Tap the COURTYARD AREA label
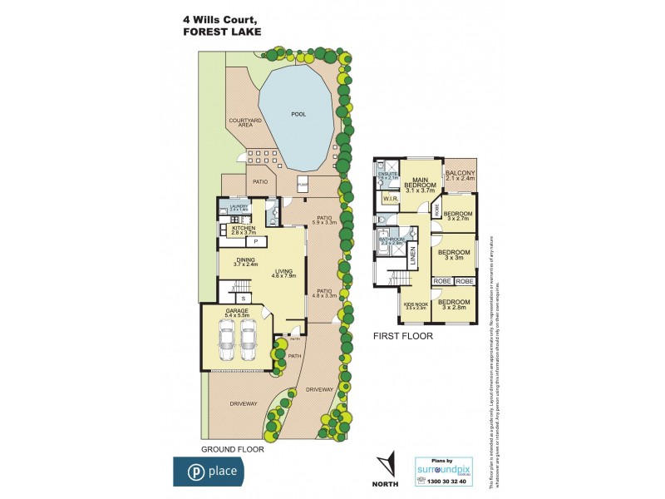pyautogui.click(x=240, y=122)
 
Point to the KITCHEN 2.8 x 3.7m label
pyautogui.click(x=243, y=230)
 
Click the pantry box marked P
pyautogui.click(x=256, y=241)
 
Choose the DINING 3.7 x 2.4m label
pyautogui.click(x=245, y=262)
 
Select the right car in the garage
pyautogui.click(x=249, y=338)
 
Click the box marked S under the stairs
pyautogui.click(x=243, y=297)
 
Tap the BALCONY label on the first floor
pyautogui.click(x=459, y=175)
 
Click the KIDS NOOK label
pyautogui.click(x=415, y=305)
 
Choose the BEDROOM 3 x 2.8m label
pyautogui.click(x=455, y=304)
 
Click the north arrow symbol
pyautogui.click(x=384, y=462)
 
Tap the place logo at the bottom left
pyautogui.click(x=208, y=471)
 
